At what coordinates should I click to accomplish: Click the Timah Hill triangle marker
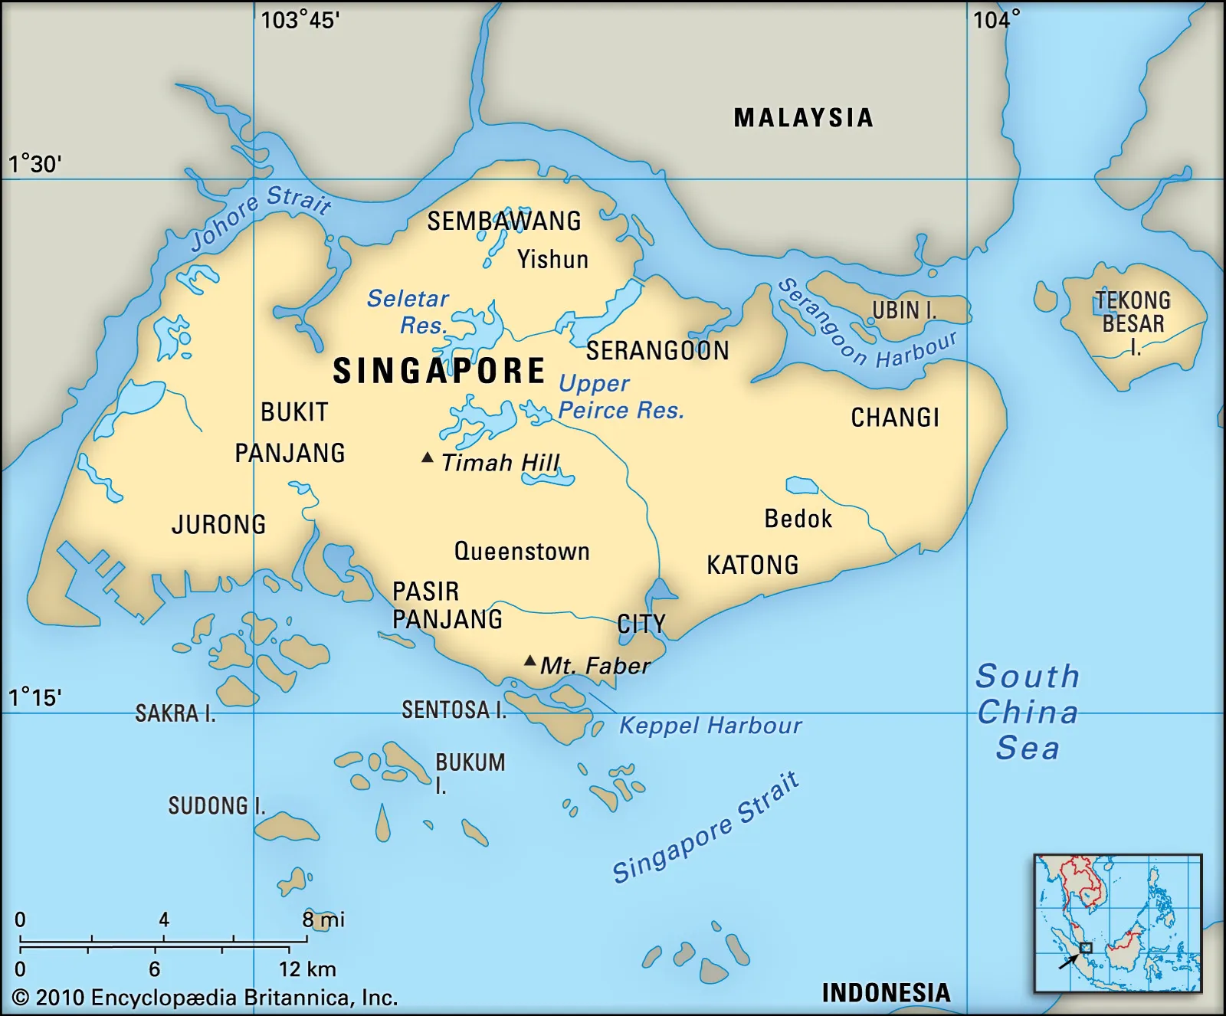428,457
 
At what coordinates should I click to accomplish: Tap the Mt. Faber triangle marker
529,660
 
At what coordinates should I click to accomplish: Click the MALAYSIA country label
803,118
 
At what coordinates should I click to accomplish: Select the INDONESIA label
886,993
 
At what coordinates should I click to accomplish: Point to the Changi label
895,418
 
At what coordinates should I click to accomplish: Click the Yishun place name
552,260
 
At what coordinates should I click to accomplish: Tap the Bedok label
798,519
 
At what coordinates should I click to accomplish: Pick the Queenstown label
522,551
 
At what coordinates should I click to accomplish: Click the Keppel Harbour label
710,725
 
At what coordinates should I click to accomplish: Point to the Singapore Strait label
706,829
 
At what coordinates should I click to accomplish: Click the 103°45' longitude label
300,21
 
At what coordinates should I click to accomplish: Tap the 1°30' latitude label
35,163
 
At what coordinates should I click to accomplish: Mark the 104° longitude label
996,20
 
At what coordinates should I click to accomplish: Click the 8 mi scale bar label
323,919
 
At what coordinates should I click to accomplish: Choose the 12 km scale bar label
306,969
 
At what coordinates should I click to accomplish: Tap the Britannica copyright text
205,998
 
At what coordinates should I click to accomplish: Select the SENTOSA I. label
454,710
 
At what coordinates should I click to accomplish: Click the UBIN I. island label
904,310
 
